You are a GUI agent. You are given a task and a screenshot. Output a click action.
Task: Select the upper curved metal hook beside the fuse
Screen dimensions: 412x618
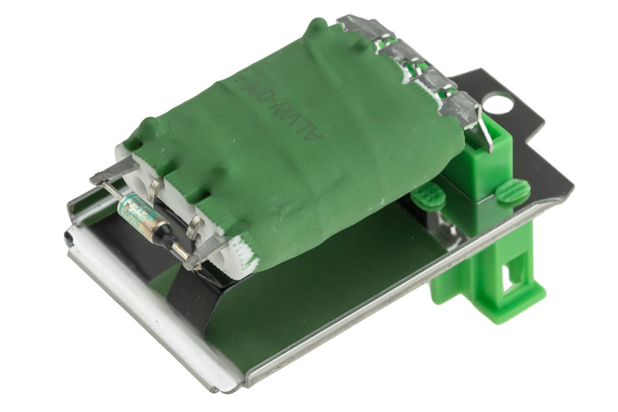pyautogui.click(x=154, y=189)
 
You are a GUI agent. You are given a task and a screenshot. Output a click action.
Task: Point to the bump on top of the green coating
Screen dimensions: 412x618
pyautogui.click(x=316, y=27)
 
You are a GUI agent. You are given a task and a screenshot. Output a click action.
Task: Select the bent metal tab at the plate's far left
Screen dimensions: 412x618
pyautogui.click(x=80, y=206)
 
